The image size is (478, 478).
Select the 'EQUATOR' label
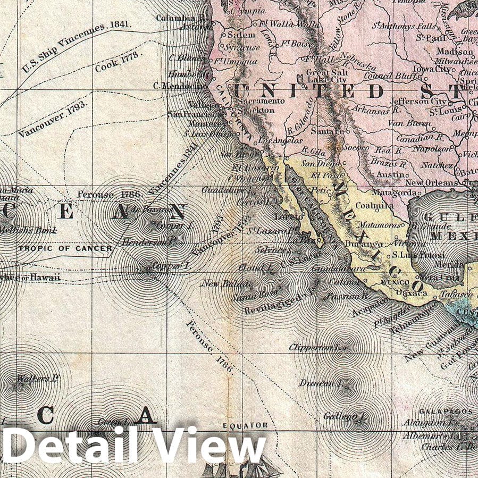pos(245,426)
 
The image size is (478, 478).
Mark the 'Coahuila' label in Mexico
pos(374,205)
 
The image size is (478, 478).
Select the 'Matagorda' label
pos(393,192)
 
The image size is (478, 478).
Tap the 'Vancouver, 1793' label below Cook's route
pos(52,116)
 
